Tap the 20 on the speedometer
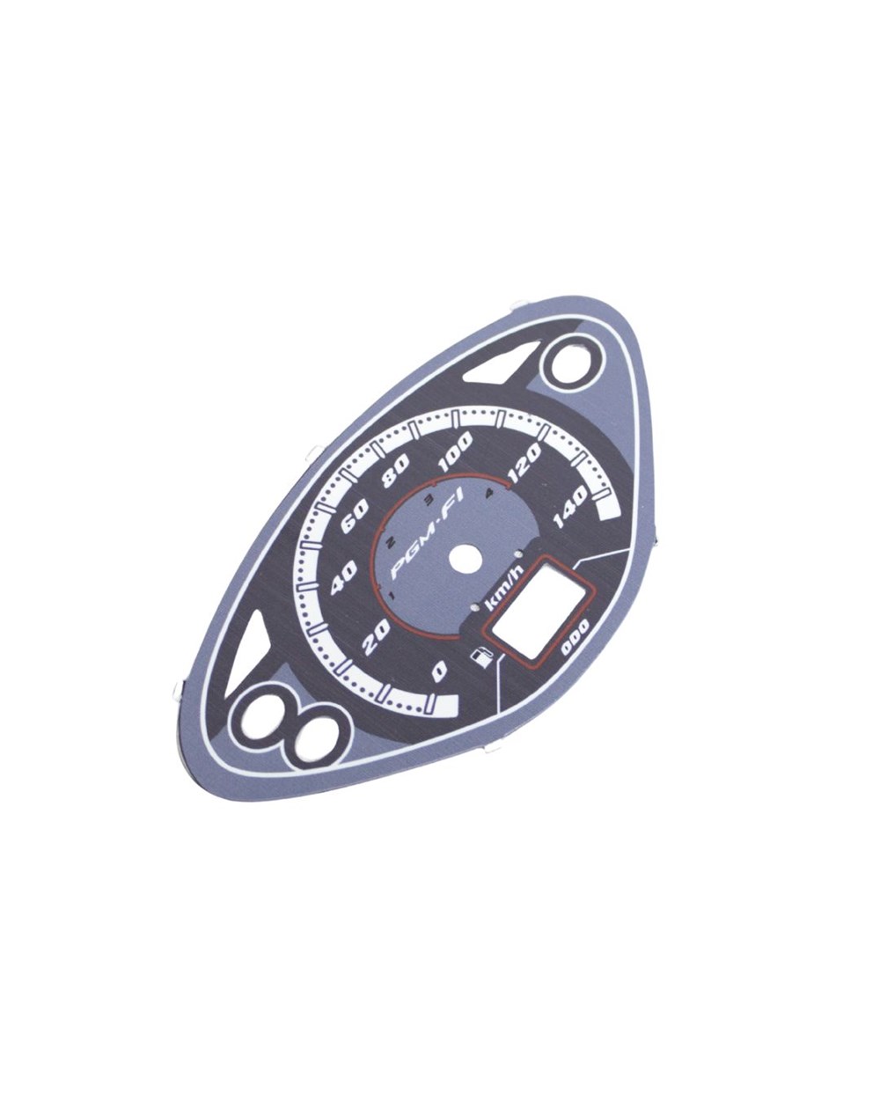(377, 637)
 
